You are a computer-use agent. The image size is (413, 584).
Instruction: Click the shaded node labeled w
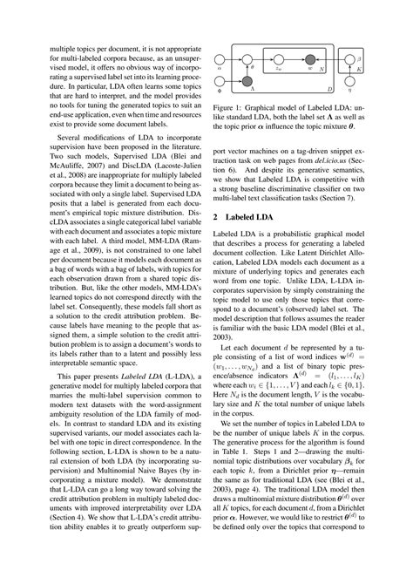point(310,60)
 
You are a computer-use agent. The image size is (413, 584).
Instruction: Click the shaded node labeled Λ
point(247,81)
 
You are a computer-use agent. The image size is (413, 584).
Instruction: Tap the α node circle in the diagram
point(220,60)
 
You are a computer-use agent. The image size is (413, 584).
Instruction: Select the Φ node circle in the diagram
point(220,81)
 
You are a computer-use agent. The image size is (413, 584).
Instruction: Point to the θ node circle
point(247,60)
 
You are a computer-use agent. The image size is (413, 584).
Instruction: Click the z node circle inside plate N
point(279,60)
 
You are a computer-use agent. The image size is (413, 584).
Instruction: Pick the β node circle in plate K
point(349,60)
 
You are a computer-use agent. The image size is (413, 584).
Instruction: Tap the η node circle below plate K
point(349,81)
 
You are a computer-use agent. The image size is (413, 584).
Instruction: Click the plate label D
point(329,90)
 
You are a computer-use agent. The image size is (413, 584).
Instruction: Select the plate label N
point(322,70)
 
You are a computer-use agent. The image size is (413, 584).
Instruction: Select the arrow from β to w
point(331,60)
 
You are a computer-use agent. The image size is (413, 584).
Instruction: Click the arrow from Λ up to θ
point(247,71)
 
